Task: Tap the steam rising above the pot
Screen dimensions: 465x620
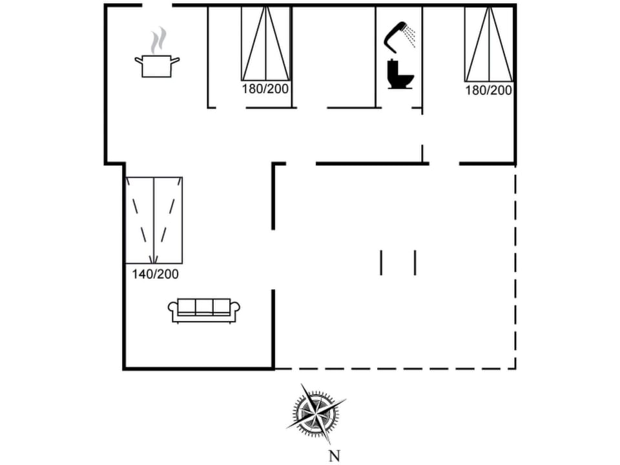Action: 158,41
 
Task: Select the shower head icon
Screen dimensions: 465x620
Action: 394,35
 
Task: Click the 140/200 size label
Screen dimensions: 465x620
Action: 155,274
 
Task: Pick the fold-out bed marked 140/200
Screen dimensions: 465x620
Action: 154,220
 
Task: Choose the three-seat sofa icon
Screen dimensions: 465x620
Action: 203,310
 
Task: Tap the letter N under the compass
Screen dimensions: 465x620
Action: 334,456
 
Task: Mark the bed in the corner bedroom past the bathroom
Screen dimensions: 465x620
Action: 489,44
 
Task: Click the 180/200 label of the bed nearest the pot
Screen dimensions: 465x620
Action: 265,88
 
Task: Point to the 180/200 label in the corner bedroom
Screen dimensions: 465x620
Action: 488,90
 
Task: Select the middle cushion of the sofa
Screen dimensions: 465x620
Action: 203,306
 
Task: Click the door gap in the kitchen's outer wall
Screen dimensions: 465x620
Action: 157,5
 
